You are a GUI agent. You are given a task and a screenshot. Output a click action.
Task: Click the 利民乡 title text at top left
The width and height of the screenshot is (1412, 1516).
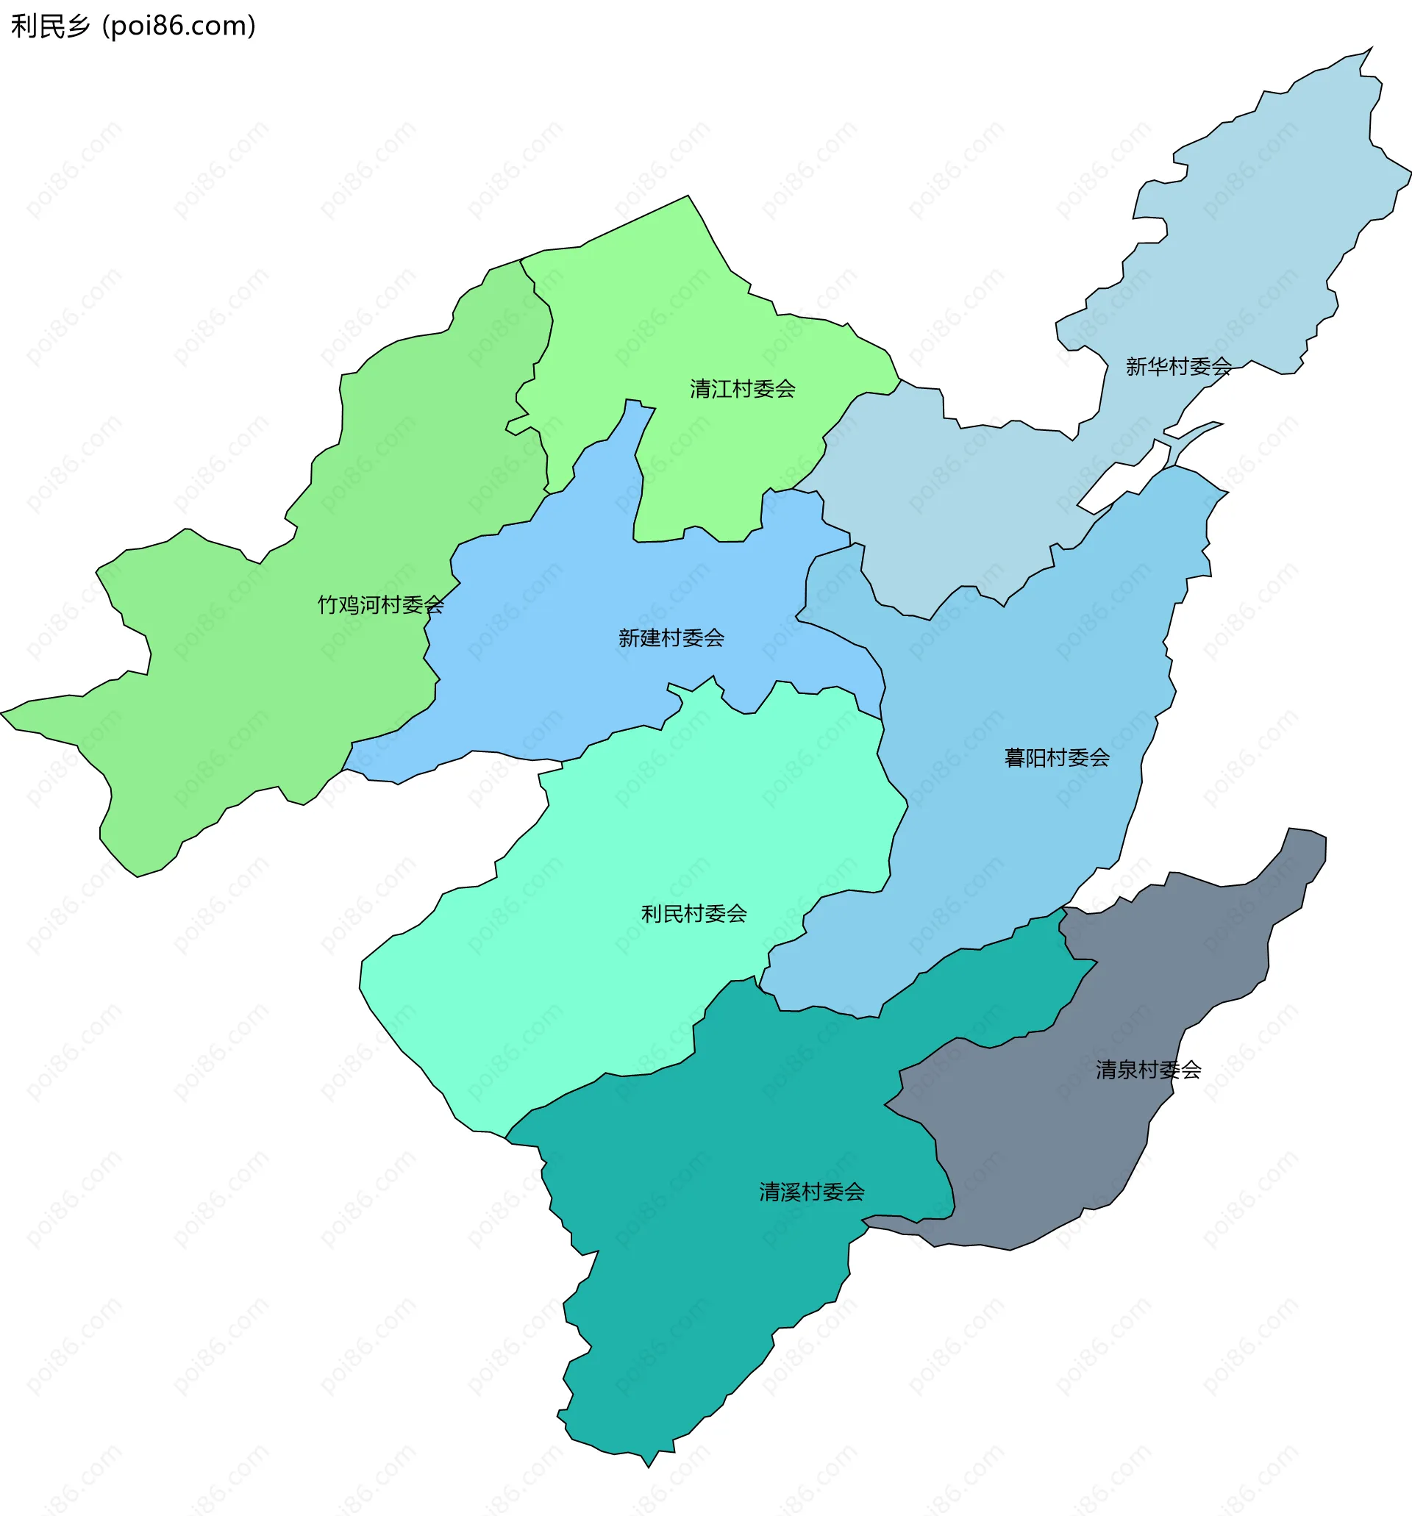point(50,26)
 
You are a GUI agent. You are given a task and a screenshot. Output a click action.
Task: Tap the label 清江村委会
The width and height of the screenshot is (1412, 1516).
point(742,389)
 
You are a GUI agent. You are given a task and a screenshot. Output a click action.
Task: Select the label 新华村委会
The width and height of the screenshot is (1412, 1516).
point(1179,367)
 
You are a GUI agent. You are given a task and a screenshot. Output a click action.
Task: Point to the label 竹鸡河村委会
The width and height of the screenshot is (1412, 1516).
point(381,605)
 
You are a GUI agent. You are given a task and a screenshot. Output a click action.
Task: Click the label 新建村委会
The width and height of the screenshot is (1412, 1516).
point(671,637)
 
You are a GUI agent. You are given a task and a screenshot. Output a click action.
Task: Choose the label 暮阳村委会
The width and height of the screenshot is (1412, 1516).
point(1057,757)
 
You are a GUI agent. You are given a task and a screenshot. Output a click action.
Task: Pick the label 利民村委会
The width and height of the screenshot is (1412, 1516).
point(693,914)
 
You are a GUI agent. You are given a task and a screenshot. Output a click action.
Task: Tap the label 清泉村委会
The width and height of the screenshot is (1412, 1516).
point(1148,1070)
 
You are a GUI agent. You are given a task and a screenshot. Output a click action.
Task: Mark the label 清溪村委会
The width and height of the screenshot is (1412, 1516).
point(812,1192)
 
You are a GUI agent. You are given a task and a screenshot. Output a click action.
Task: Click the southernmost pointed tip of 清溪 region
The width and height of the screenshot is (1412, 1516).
point(649,1467)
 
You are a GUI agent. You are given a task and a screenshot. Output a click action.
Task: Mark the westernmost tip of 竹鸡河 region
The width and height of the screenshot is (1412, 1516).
point(2,713)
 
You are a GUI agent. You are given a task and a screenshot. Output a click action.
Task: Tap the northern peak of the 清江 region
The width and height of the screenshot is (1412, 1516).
point(688,197)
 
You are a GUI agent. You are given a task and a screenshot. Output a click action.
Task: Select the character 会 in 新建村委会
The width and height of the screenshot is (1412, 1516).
point(714,637)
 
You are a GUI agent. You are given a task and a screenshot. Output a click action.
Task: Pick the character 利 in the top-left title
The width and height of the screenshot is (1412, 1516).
point(23,26)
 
